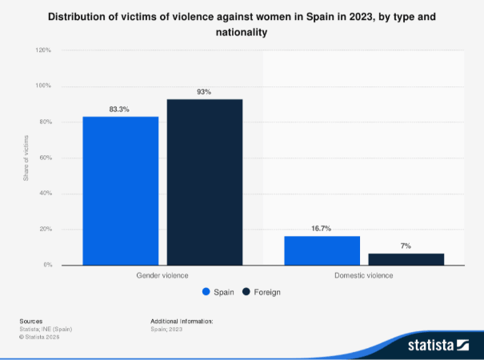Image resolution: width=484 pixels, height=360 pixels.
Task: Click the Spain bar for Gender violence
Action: click(120, 190)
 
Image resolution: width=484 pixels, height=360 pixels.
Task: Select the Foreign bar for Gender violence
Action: click(204, 182)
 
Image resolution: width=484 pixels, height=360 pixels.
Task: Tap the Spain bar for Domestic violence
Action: click(322, 250)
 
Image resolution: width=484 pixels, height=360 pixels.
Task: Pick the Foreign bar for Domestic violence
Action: click(406, 258)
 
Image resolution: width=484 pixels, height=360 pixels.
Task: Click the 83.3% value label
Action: click(120, 109)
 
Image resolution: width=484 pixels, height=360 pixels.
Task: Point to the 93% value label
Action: click(204, 92)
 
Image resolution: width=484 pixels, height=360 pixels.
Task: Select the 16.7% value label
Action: click(322, 228)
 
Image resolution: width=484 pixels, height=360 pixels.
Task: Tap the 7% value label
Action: click(406, 246)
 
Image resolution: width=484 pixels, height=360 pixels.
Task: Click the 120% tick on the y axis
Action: click(43, 50)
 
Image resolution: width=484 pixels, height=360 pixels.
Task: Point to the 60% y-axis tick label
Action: click(45, 158)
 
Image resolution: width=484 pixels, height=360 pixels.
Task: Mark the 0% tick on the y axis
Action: click(47, 265)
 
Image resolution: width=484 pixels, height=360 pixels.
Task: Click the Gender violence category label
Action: click(162, 275)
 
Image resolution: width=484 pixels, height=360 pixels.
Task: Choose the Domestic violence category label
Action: click(364, 275)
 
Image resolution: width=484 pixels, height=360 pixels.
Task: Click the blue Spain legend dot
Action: click(206, 292)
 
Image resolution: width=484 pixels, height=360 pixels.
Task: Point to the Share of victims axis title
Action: click(26, 158)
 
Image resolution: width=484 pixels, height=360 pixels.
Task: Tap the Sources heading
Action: click(31, 320)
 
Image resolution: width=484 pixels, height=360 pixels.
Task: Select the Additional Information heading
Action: click(182, 320)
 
